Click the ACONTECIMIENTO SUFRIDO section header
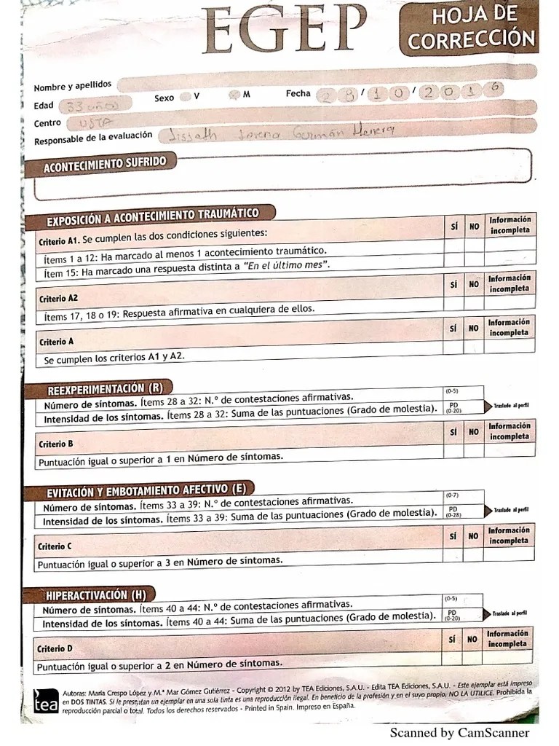pos(104,164)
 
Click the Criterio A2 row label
pos(58,299)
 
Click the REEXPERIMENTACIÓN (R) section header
pos(105,388)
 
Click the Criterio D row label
pos(55,648)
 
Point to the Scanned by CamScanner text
pos(459,733)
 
